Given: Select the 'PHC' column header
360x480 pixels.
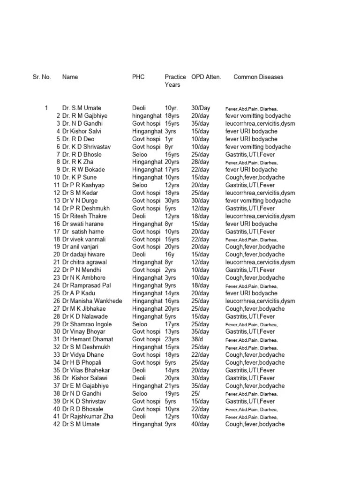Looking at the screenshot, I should [138, 77].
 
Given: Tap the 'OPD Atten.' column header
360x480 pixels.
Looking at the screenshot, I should [206, 77].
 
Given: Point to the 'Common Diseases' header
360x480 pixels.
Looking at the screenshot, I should [258, 77].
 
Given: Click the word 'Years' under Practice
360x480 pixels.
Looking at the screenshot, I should [172, 85].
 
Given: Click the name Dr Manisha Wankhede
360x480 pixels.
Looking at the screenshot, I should [92, 301].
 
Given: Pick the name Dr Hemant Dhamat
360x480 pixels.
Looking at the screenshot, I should [87, 339].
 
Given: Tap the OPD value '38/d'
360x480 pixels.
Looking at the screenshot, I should [198, 339].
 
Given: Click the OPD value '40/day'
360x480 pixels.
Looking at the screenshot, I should [200, 424].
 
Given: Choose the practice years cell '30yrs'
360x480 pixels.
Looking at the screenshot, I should [172, 201].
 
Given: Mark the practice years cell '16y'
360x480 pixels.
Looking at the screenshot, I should [170, 255].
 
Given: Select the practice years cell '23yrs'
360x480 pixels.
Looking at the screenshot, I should [172, 339].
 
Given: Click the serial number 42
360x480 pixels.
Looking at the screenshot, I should [57, 424].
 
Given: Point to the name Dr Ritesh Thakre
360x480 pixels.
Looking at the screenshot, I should [84, 216].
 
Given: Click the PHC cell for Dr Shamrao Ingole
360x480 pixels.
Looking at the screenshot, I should [140, 324].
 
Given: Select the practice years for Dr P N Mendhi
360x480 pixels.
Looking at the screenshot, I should [171, 270].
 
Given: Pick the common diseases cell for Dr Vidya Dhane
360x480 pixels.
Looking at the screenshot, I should [255, 355].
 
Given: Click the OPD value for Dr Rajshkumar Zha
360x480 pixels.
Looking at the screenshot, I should [200, 416].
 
